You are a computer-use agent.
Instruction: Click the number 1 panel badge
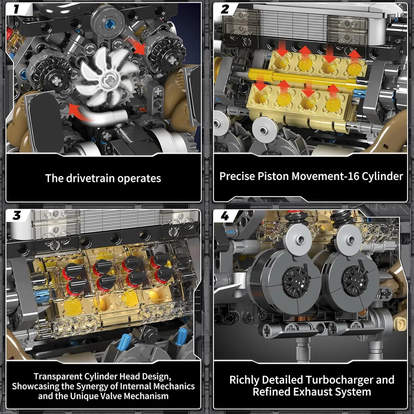(x=16, y=9)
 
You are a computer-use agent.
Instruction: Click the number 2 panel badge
(x=225, y=9)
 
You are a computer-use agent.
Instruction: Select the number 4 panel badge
(x=225, y=216)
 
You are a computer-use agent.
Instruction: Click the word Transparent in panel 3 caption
(x=58, y=376)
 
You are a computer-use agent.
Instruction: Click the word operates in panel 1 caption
(x=139, y=179)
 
